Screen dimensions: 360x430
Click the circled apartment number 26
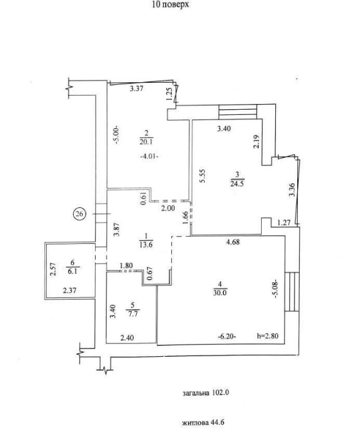coord(80,214)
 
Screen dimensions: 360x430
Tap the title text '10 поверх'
coord(170,4)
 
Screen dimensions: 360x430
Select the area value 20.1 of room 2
coord(146,142)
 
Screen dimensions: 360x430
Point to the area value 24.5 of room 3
coord(237,183)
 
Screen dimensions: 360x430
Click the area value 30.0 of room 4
coord(220,292)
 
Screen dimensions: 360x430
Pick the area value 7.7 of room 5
coord(133,314)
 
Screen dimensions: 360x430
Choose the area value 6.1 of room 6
coord(73,271)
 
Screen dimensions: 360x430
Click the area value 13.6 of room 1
coord(146,245)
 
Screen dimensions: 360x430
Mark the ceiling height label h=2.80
coord(268,336)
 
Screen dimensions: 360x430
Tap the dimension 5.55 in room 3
coord(202,175)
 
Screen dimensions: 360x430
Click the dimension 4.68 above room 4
coord(233,242)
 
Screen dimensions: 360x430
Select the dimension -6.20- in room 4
coord(227,336)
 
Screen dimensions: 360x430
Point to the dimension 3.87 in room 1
coord(117,229)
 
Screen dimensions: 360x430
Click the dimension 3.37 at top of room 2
coord(136,89)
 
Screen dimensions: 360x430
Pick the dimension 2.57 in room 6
coord(53,270)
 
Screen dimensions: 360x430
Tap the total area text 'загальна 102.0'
coord(205,393)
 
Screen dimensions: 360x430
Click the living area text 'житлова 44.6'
coord(203,422)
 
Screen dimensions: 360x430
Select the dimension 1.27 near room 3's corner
coord(284,223)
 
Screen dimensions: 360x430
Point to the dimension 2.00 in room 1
coord(167,208)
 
